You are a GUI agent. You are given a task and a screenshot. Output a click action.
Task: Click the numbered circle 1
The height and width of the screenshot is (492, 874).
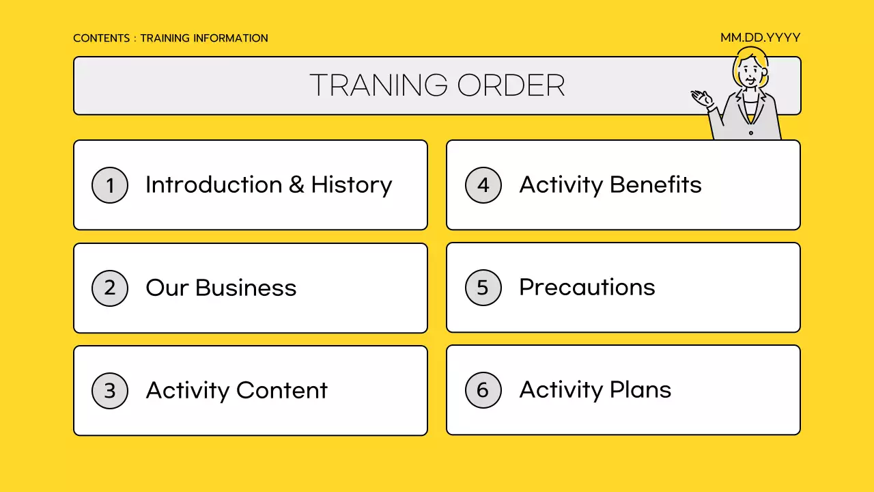pyautogui.click(x=110, y=185)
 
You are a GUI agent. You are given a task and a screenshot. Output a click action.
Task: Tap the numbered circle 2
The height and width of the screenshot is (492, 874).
pyautogui.click(x=110, y=288)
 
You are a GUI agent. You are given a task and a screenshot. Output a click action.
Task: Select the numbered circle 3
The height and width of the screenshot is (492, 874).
pyautogui.click(x=110, y=391)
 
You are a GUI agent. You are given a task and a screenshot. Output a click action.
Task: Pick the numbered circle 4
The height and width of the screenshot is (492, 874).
pyautogui.click(x=483, y=185)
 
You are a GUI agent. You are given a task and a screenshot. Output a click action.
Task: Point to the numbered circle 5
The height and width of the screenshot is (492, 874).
pyautogui.click(x=483, y=288)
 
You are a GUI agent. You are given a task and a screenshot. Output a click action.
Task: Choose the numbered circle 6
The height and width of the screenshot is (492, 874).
pyautogui.click(x=483, y=390)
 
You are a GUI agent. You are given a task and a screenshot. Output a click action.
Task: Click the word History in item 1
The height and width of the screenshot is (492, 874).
pyautogui.click(x=351, y=185)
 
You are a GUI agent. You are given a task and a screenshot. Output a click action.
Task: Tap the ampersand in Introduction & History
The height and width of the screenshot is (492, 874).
pyautogui.click(x=296, y=185)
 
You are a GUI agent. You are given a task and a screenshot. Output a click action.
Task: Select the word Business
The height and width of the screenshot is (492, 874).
pyautogui.click(x=246, y=288)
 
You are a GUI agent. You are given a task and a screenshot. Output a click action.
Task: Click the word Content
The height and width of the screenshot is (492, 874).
pyautogui.click(x=282, y=391)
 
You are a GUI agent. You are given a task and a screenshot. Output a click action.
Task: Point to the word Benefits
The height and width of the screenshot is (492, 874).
pyautogui.click(x=655, y=185)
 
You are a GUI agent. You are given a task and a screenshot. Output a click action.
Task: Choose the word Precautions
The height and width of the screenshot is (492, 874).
pyautogui.click(x=587, y=288)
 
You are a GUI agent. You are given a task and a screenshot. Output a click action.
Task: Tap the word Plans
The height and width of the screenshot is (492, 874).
pyautogui.click(x=640, y=390)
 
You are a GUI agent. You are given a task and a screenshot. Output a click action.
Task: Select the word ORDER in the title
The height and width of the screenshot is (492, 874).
pyautogui.click(x=511, y=85)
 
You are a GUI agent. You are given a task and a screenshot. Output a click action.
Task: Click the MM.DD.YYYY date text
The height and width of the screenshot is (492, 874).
pyautogui.click(x=760, y=38)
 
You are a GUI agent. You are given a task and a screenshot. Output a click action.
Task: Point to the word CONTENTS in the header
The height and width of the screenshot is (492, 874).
pyautogui.click(x=101, y=38)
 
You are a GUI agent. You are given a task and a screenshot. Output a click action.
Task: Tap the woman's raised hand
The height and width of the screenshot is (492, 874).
pyautogui.click(x=700, y=98)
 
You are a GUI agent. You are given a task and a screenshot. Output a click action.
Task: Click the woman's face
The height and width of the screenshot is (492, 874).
pyautogui.click(x=750, y=71)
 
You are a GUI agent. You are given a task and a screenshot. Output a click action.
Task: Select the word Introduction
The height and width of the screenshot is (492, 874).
pyautogui.click(x=214, y=185)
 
